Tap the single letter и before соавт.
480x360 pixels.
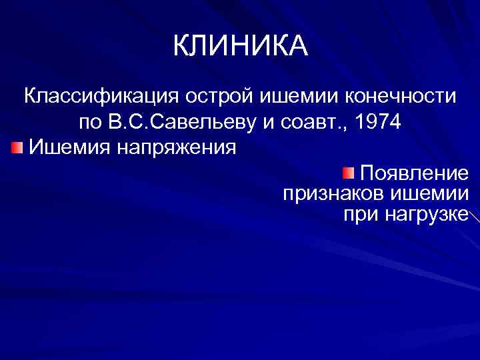point(275,124)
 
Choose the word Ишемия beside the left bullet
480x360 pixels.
point(69,145)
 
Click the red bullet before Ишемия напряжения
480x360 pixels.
point(17,145)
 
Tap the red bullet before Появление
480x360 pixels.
point(349,174)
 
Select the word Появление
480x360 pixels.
point(414,174)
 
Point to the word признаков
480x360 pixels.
point(327,195)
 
